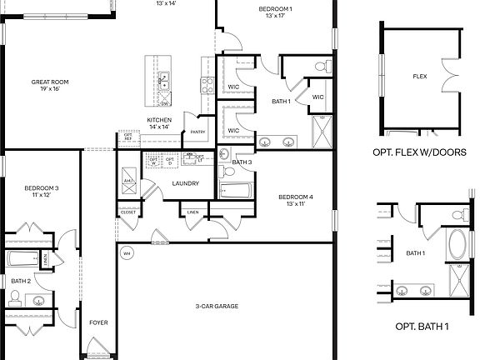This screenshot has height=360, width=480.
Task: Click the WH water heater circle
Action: (x=127, y=252)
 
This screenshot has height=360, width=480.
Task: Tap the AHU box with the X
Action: (x=129, y=188)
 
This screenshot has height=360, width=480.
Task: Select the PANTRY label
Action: (x=197, y=132)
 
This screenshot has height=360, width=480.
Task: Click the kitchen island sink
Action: (x=165, y=82)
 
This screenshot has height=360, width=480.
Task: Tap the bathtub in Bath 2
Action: (x=22, y=258)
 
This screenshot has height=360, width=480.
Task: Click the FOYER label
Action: (x=98, y=322)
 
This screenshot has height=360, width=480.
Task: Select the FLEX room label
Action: (x=420, y=77)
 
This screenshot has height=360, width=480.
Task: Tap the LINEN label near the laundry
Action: (x=192, y=212)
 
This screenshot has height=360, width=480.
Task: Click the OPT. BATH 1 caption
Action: (x=421, y=326)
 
